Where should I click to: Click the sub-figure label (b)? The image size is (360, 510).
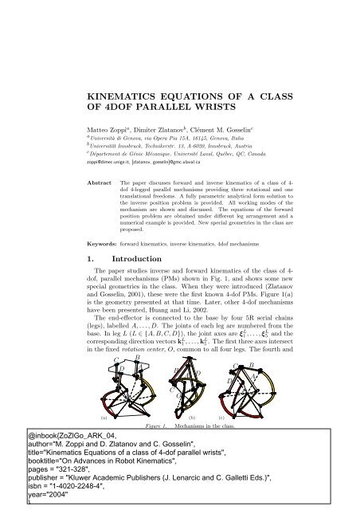(x=192, y=416)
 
